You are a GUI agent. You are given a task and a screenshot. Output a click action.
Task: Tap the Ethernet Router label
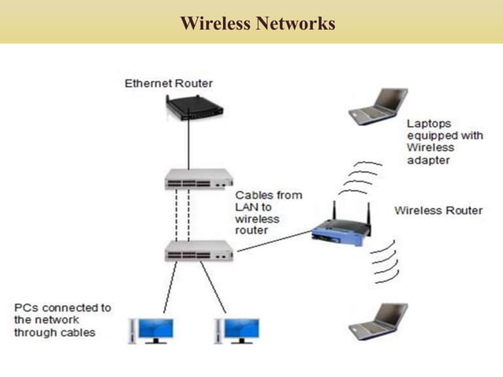coord(169,83)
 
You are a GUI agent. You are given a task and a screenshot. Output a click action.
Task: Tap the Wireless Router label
coord(438,211)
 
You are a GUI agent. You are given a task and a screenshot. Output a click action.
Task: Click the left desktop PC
coord(152,330)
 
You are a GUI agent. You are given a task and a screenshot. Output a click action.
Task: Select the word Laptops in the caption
coord(428,123)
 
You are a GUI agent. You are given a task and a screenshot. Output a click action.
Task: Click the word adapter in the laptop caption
coord(429,159)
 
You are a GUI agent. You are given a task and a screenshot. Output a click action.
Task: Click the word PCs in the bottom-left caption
coord(27,308)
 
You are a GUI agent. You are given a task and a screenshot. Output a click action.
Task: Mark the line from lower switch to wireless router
coord(272,244)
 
